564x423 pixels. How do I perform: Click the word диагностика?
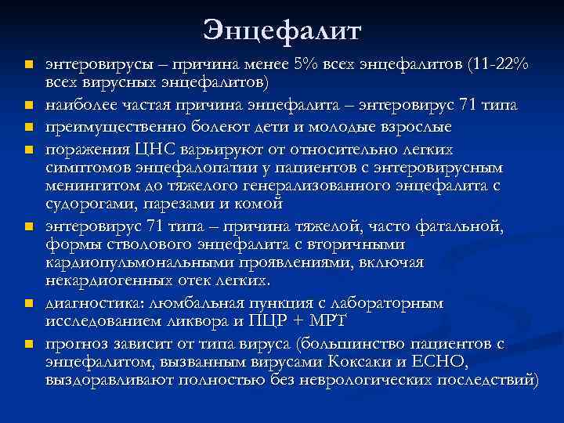(x=91, y=302)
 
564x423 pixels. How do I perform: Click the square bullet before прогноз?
(x=27, y=343)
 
